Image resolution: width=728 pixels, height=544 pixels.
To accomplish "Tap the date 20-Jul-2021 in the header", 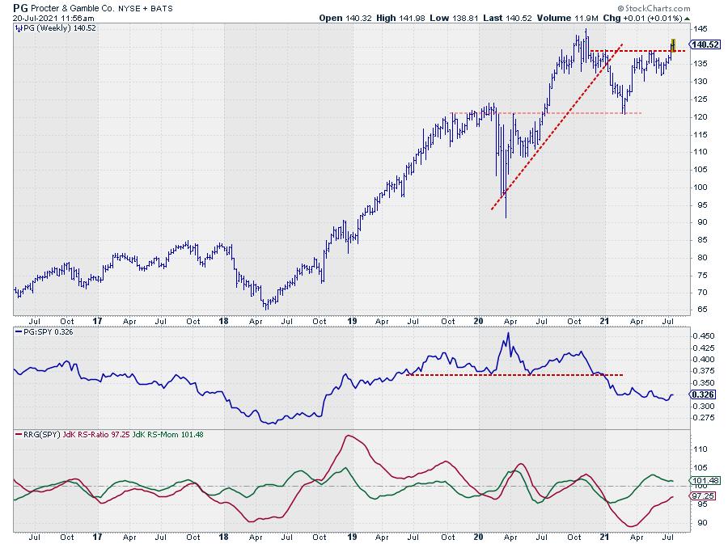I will coord(39,18).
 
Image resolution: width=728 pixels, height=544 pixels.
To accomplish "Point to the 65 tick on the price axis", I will coord(696,310).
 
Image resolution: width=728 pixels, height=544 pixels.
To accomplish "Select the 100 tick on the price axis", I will coord(699,187).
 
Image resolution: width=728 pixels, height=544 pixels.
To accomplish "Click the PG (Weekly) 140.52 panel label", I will coord(52,28).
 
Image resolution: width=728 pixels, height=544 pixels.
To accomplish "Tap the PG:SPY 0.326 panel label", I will coord(44,332).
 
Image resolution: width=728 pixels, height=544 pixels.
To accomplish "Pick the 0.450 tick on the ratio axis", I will coord(703,335).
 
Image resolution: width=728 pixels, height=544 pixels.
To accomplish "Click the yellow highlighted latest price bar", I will coord(673,44).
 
